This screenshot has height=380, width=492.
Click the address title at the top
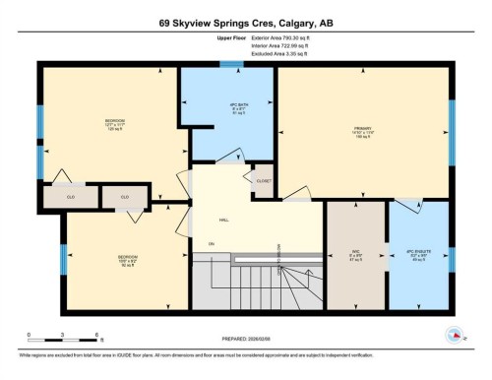(245, 21)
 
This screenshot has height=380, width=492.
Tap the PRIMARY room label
(362, 130)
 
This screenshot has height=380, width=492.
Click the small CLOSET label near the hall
(263, 180)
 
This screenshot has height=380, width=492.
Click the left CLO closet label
(70, 197)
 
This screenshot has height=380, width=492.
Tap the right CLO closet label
(125, 197)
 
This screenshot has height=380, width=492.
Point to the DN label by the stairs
(211, 244)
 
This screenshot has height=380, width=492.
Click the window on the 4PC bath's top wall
(231, 65)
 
